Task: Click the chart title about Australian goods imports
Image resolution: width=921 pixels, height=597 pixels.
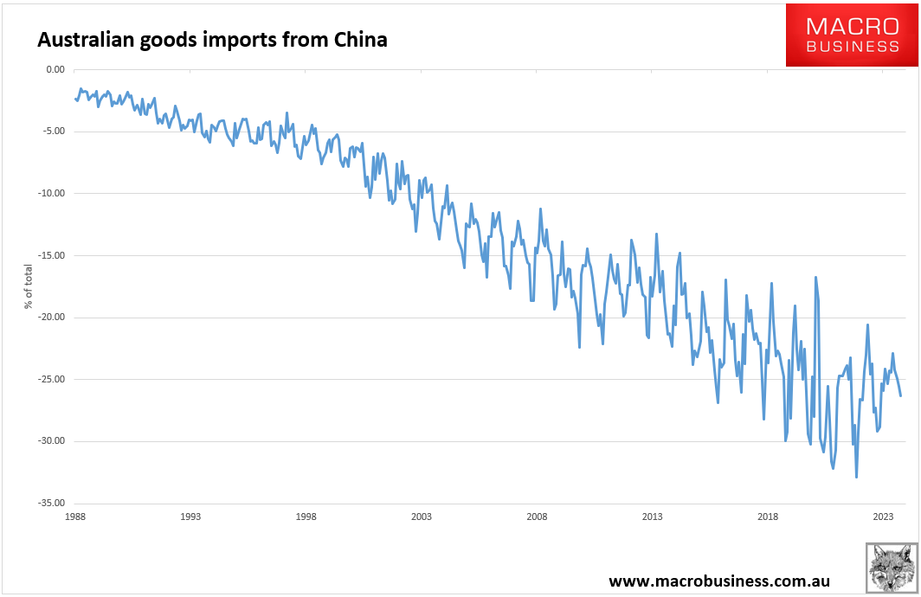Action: pyautogui.click(x=210, y=40)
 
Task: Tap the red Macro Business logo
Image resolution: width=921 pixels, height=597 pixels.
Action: pyautogui.click(x=851, y=35)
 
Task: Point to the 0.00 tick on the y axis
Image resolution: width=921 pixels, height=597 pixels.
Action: pyautogui.click(x=55, y=69)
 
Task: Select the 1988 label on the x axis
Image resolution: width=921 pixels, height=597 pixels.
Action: pyautogui.click(x=75, y=517)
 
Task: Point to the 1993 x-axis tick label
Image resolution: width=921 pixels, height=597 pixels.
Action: pyautogui.click(x=190, y=517)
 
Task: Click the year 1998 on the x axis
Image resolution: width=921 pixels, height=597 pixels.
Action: pyautogui.click(x=306, y=517)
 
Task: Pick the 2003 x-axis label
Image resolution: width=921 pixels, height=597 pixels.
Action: pyautogui.click(x=422, y=517)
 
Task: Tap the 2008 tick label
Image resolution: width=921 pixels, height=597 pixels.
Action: pyautogui.click(x=537, y=517)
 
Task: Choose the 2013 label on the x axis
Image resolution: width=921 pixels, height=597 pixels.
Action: pyautogui.click(x=652, y=517)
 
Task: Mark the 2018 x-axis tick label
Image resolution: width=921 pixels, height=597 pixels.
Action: pyautogui.click(x=768, y=517)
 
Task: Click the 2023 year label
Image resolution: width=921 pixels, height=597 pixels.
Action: pyautogui.click(x=883, y=517)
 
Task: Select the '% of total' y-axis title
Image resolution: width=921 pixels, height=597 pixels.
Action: pyautogui.click(x=28, y=286)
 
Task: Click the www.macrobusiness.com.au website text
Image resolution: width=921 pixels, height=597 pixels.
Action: pyautogui.click(x=732, y=580)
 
